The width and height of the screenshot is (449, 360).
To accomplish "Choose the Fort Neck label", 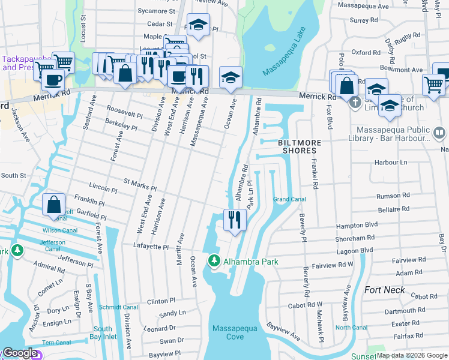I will click(384, 290).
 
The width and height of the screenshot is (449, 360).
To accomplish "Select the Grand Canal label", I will click(289, 199).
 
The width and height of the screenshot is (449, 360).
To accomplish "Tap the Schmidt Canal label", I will click(118, 307).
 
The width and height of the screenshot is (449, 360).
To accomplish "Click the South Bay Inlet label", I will click(102, 333).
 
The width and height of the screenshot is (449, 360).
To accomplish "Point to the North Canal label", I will click(351, 328).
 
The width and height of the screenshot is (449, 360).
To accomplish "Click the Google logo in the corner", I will click(20, 353).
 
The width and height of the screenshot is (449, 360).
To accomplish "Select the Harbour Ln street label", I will click(391, 163).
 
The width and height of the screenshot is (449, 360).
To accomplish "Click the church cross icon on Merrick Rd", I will click(355, 103).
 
